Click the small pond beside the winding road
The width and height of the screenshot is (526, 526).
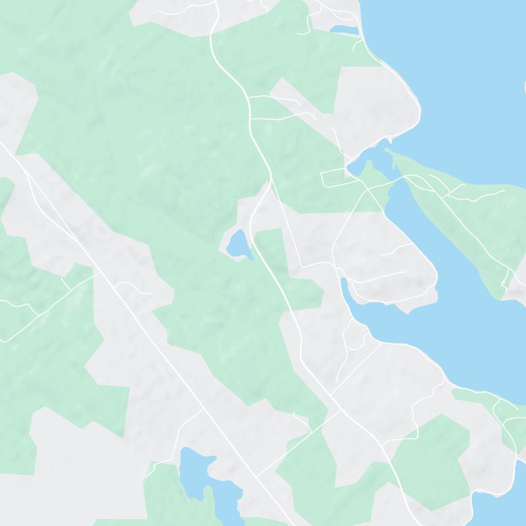[237, 245]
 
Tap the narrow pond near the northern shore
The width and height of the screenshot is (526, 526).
[344, 30]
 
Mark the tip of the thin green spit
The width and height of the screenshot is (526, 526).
[387, 151]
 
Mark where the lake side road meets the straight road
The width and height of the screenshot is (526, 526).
[204, 409]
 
